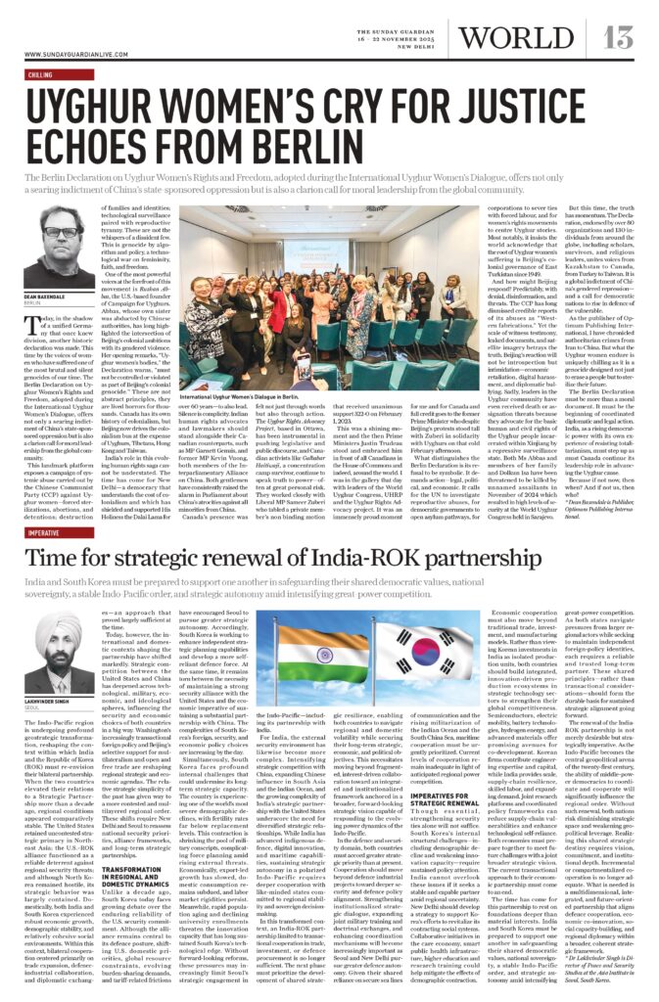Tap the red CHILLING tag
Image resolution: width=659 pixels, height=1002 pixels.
[x=40, y=73]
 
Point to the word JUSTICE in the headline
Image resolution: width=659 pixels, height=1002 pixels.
[x=544, y=107]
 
